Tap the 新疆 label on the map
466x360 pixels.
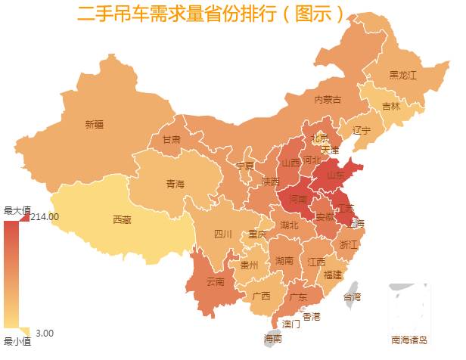(95, 125)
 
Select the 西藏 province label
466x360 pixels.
(122, 220)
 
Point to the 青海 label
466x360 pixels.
(175, 183)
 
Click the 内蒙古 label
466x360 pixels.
(328, 99)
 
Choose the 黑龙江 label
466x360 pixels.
(402, 75)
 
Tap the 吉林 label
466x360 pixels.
(390, 107)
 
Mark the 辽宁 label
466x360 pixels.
(362, 130)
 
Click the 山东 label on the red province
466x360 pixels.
(335, 175)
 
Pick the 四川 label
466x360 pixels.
(222, 234)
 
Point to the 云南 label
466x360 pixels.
(215, 282)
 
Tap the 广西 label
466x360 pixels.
(261, 296)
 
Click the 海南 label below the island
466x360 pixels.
(273, 339)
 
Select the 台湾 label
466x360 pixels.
(353, 296)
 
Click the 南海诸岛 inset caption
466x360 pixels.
(409, 340)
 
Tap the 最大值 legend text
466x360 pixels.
(17, 209)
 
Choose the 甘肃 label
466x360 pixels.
(171, 140)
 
